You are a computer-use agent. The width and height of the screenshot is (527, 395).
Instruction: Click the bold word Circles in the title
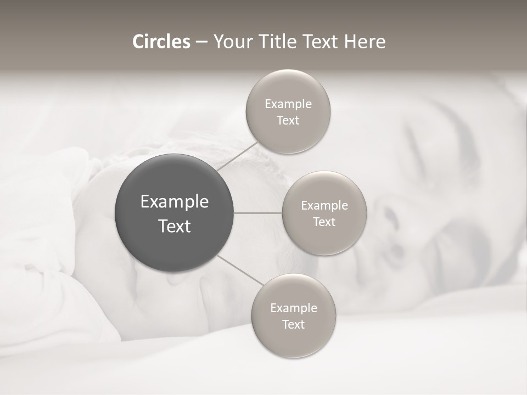(x=161, y=42)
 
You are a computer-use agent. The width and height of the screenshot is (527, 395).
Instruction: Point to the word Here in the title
(x=366, y=42)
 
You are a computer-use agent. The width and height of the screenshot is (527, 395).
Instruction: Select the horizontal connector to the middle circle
(x=257, y=213)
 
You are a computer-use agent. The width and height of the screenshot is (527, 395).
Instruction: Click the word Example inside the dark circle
(x=175, y=202)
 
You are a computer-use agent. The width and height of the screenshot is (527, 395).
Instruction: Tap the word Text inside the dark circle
(x=175, y=226)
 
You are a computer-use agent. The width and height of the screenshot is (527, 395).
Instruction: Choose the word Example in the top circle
(x=288, y=104)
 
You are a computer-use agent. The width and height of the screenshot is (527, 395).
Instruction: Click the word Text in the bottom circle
(x=293, y=324)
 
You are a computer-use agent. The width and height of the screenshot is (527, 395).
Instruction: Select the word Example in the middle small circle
(x=324, y=206)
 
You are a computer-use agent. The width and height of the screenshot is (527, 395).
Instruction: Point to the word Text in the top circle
(x=288, y=121)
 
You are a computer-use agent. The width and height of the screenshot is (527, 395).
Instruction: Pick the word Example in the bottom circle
(x=294, y=308)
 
